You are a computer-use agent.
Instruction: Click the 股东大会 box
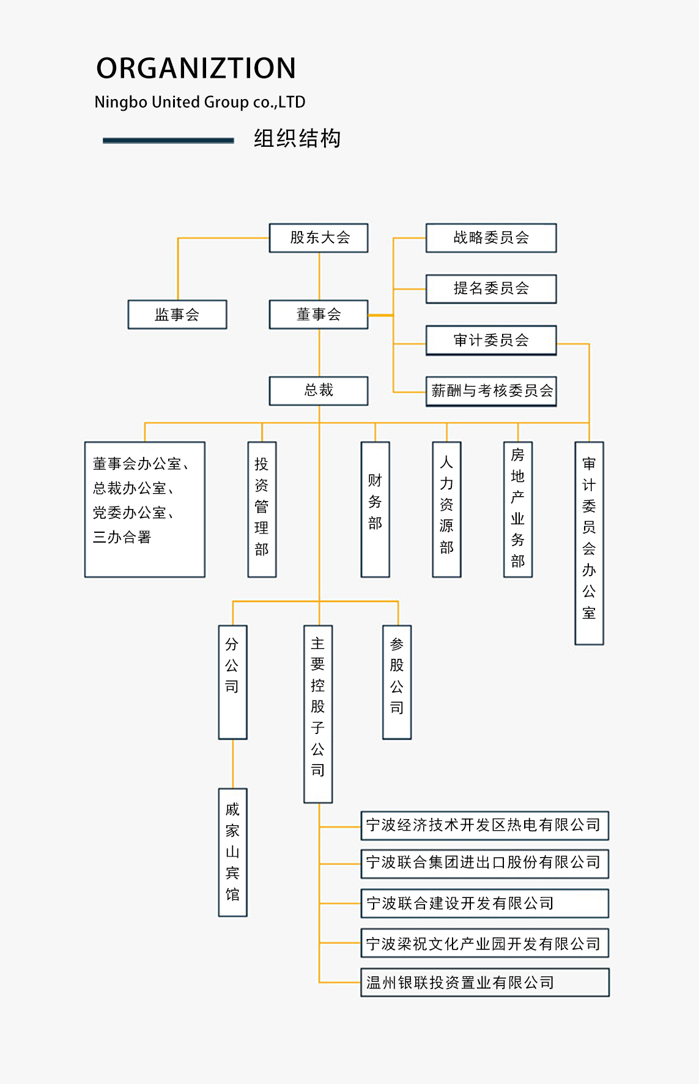tap(319, 238)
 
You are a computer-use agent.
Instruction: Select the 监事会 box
tap(177, 314)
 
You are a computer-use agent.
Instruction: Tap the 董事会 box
tap(319, 314)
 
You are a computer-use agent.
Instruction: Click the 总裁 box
tap(319, 390)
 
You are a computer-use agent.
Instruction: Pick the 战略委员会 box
tap(491, 238)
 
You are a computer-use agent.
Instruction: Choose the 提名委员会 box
tap(491, 289)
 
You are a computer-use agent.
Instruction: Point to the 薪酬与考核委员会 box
tap(491, 391)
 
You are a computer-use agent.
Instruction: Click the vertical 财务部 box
tap(375, 509)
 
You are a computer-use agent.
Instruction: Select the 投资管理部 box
tap(262, 509)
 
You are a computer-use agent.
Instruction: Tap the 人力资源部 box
tap(446, 509)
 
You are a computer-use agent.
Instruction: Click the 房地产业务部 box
tap(518, 509)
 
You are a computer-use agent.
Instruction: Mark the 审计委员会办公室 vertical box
tap(589, 543)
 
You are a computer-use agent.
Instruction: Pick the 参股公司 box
tap(397, 681)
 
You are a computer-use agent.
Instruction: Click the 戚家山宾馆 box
tap(232, 852)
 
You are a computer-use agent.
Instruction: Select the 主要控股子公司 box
tap(318, 713)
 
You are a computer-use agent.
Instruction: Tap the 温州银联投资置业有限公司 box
tap(485, 982)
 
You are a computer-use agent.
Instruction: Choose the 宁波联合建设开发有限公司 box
tap(485, 903)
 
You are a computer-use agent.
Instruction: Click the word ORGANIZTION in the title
tap(196, 68)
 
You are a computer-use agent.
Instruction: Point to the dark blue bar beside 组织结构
tap(168, 141)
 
